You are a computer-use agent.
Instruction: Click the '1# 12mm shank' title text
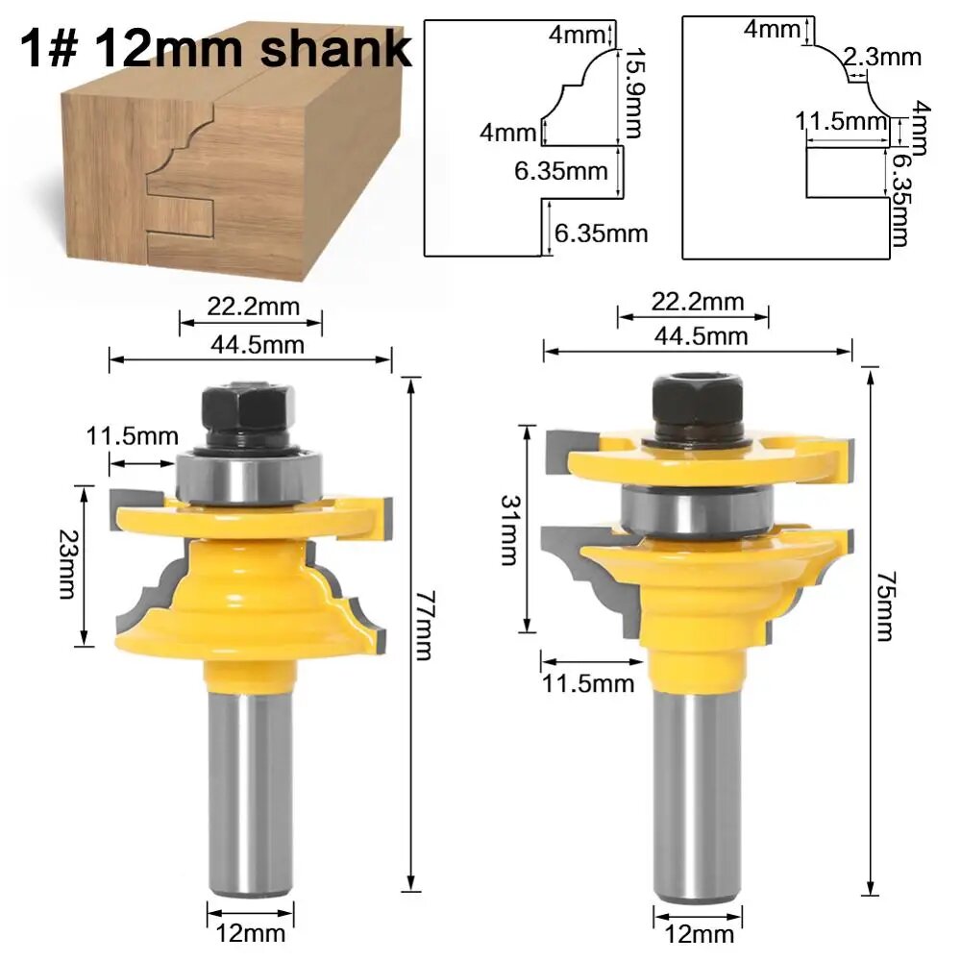215,48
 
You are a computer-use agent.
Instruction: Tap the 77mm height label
424,626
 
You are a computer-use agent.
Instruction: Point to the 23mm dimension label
66,564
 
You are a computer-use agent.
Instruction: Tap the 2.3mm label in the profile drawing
882,57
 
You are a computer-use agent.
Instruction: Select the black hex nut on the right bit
698,407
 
